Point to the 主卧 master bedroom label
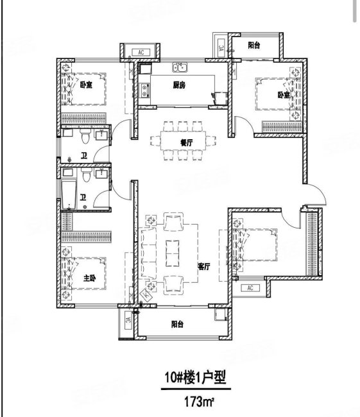coord(89,278)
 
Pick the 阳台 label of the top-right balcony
coord(254,46)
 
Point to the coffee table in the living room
coord(171,252)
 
